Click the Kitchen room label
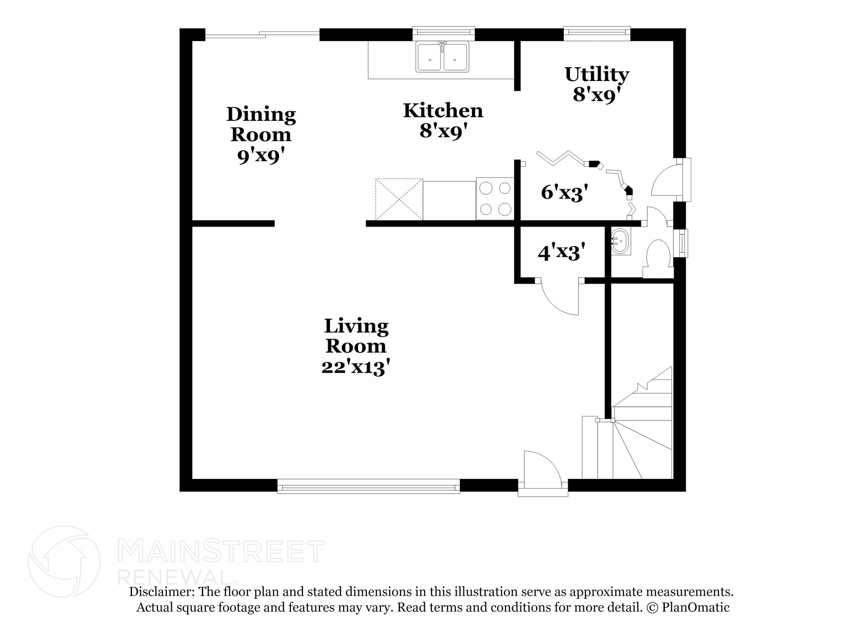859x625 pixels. [443, 111]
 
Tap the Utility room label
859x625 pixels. [596, 75]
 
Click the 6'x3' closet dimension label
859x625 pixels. [564, 192]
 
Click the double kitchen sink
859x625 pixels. [443, 57]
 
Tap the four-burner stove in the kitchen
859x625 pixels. [495, 199]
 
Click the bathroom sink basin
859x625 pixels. [620, 241]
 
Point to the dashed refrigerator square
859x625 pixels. [399, 199]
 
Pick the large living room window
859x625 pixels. [369, 486]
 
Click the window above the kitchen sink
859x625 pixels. [443, 33]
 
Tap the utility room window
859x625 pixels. [597, 33]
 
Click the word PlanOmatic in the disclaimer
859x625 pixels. [695, 607]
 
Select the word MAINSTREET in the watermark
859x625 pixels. [221, 552]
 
